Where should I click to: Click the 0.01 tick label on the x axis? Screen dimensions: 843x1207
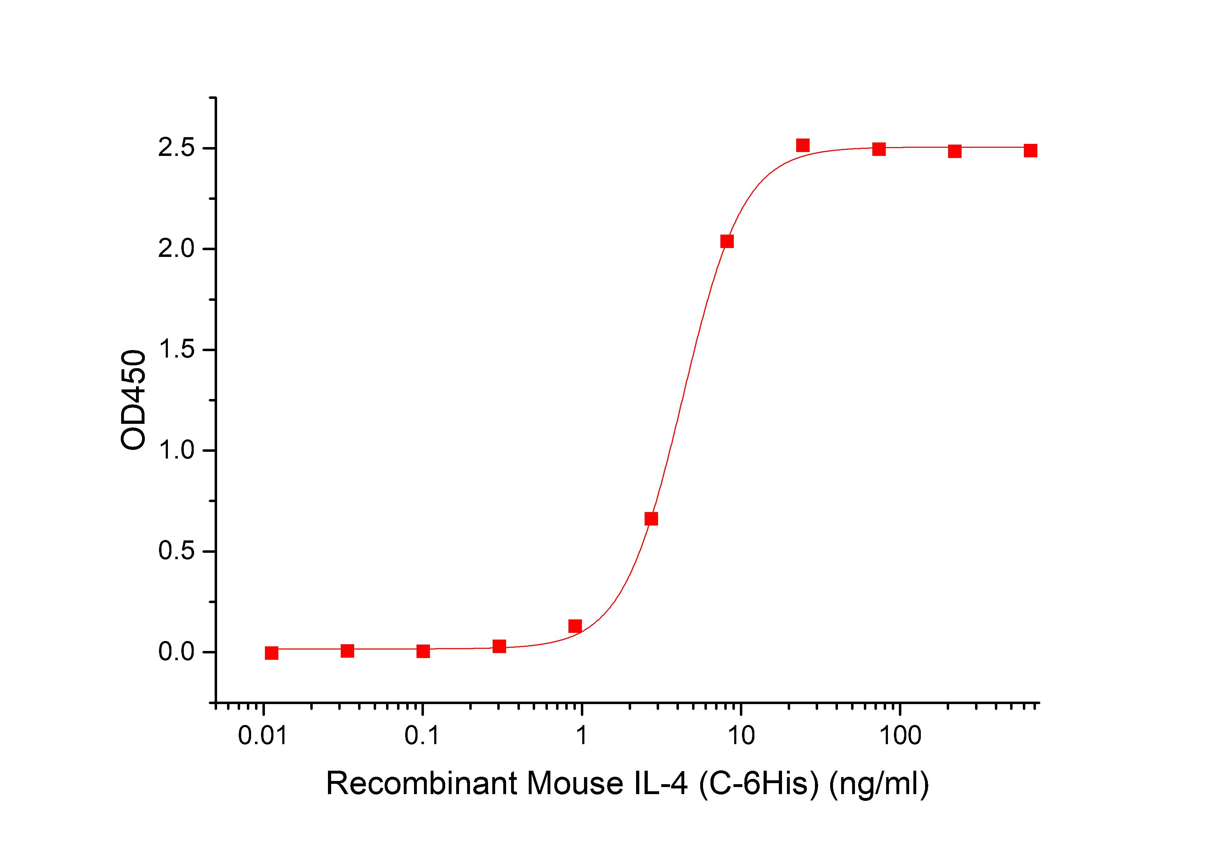coord(263,736)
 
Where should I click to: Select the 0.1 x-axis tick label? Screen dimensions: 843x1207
coord(422,736)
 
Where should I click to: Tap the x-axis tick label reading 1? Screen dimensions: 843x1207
coord(582,736)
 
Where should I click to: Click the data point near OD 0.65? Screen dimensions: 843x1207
coord(651,519)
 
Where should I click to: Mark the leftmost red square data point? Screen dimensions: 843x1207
coord(271,653)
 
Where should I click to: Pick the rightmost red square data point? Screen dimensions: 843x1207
coord(1030,151)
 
